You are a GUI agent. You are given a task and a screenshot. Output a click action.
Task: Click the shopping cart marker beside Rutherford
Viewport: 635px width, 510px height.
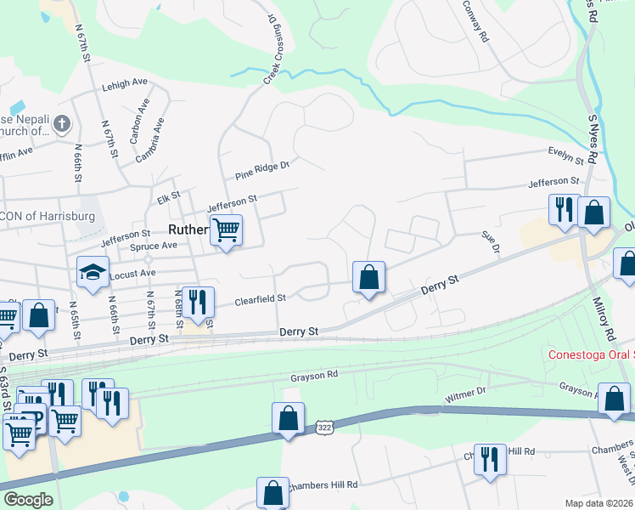pos(226,230)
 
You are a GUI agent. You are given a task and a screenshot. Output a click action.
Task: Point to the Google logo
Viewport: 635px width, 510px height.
pos(28,500)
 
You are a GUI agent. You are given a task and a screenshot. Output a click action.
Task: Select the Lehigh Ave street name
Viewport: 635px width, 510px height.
pos(124,84)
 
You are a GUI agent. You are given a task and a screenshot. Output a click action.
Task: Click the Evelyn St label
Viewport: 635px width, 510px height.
pos(566,156)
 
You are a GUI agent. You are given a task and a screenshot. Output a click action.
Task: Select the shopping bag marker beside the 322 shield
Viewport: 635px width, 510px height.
pos(288,419)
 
